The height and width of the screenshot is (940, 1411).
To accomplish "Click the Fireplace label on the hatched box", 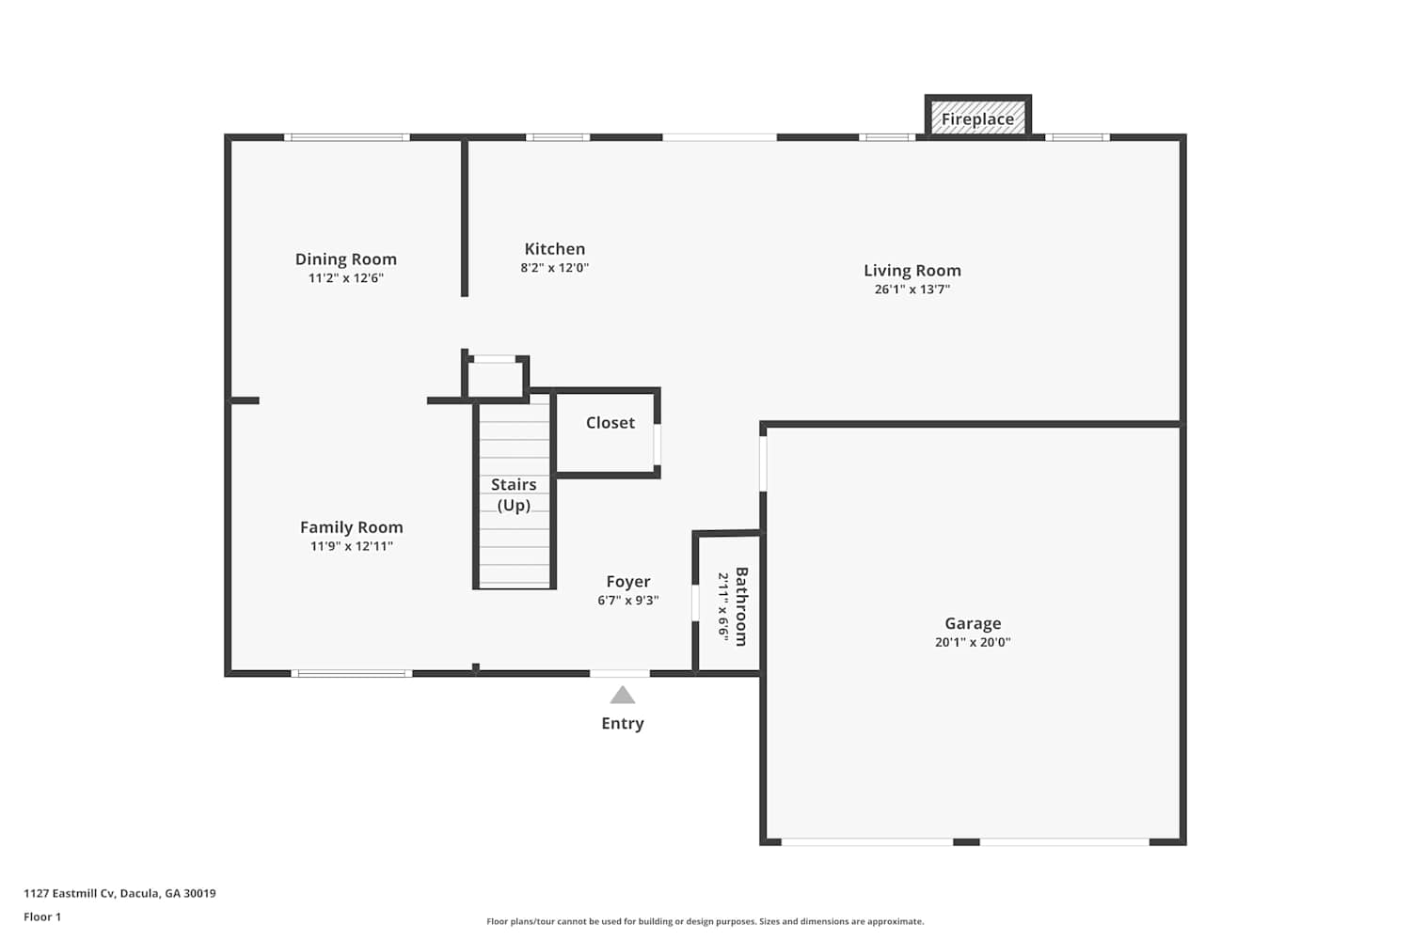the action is click(x=977, y=119).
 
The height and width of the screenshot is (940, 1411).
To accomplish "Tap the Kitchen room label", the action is click(x=554, y=249).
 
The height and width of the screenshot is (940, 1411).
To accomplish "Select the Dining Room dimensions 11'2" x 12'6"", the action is click(x=346, y=277).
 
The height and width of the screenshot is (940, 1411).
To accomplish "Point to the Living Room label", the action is click(x=912, y=271).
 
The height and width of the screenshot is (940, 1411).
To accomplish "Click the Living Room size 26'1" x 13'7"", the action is click(x=912, y=289).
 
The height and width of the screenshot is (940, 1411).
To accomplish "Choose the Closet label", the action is click(x=610, y=422).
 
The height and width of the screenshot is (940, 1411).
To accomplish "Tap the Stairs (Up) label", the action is click(x=514, y=494).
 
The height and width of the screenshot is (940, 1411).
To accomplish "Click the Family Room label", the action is click(x=352, y=527).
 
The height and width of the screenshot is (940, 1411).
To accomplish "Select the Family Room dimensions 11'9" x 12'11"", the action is click(x=352, y=546).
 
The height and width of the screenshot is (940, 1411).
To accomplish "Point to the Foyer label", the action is click(x=628, y=582).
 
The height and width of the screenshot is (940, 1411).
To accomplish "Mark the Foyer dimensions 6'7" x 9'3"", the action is click(x=628, y=600).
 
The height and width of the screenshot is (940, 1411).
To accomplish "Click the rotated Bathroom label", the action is click(x=741, y=606).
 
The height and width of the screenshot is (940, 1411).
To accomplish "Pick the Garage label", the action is click(x=973, y=623).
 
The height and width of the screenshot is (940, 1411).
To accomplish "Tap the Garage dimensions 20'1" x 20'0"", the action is click(x=973, y=642).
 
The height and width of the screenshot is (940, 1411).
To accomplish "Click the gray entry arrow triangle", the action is click(x=623, y=695).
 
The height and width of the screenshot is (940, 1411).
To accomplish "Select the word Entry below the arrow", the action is click(x=623, y=724).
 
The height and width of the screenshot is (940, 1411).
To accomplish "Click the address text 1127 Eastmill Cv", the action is click(x=70, y=893).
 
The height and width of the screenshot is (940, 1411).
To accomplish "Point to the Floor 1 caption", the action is click(x=42, y=916).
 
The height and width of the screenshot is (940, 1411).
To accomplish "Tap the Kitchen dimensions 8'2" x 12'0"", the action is click(x=554, y=268).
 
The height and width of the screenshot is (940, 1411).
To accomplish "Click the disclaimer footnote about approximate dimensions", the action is click(x=705, y=921).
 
